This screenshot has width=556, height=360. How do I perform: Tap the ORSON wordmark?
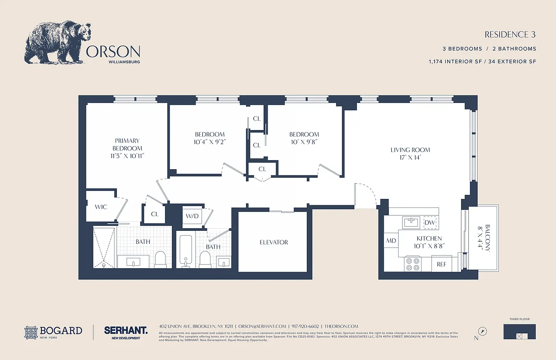[113, 51]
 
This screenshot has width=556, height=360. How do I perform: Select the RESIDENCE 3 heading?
[510, 35]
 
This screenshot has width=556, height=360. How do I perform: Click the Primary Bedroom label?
[127, 148]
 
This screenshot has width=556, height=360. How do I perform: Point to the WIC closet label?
[101, 207]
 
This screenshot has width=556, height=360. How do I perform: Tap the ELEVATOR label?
[274, 242]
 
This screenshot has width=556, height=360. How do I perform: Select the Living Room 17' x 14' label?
[410, 153]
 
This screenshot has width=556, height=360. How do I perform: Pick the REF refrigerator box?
[442, 264]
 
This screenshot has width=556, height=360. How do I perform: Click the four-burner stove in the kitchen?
[413, 264]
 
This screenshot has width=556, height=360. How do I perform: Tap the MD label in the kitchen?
[391, 241]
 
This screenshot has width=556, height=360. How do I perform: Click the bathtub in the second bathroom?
[185, 250]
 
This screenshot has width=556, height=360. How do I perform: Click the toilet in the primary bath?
[161, 259]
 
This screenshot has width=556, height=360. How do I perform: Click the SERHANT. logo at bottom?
[126, 330]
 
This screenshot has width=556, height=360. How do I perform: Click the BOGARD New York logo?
[54, 332]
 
